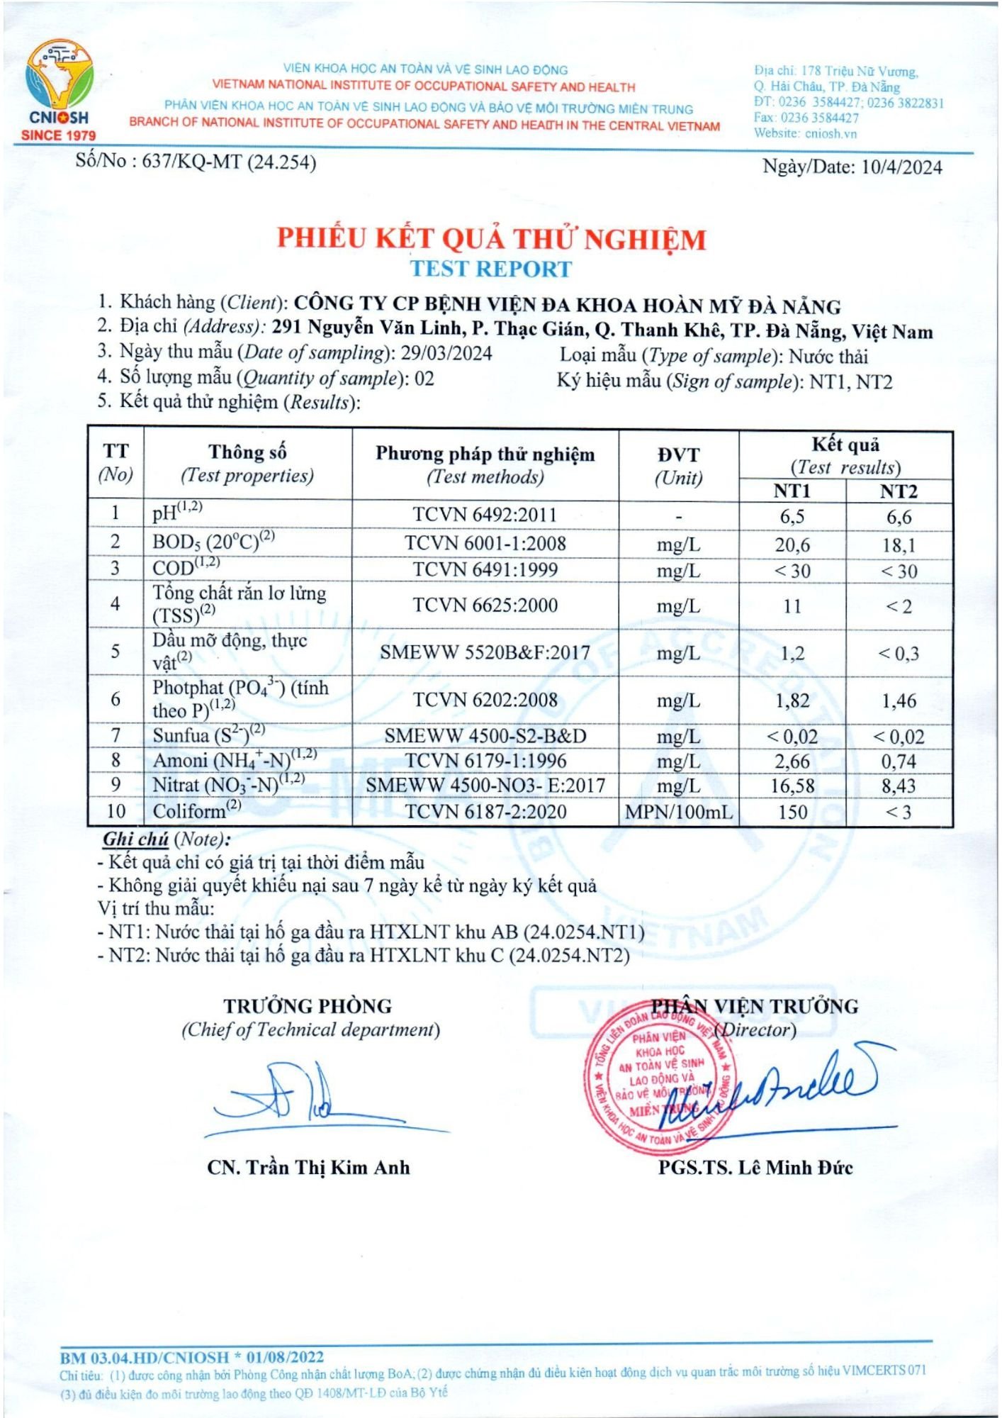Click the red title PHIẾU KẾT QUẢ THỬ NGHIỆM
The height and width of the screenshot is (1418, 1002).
tap(491, 239)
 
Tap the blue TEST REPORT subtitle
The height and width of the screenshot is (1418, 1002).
tap(491, 269)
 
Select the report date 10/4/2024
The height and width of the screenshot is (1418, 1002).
tap(901, 167)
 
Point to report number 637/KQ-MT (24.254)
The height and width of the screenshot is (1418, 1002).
tap(229, 162)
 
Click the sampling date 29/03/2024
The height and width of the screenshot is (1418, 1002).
tap(446, 353)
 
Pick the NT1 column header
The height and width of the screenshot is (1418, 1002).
tap(792, 491)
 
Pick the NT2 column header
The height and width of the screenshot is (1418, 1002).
tap(899, 491)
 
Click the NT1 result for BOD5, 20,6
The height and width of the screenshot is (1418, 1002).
tap(792, 545)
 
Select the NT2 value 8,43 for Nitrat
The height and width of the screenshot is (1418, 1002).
tap(899, 786)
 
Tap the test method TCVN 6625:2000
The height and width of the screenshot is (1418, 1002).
tap(485, 605)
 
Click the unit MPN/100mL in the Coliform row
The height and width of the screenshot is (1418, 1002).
tap(678, 812)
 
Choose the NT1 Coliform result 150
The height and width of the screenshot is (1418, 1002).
tap(792, 812)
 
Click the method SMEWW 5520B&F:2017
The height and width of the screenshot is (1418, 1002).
tap(485, 652)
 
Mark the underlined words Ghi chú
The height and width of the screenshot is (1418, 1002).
tap(135, 839)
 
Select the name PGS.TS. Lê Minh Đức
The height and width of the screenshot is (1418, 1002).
tap(755, 1167)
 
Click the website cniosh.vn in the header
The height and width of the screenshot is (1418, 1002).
tap(830, 133)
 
